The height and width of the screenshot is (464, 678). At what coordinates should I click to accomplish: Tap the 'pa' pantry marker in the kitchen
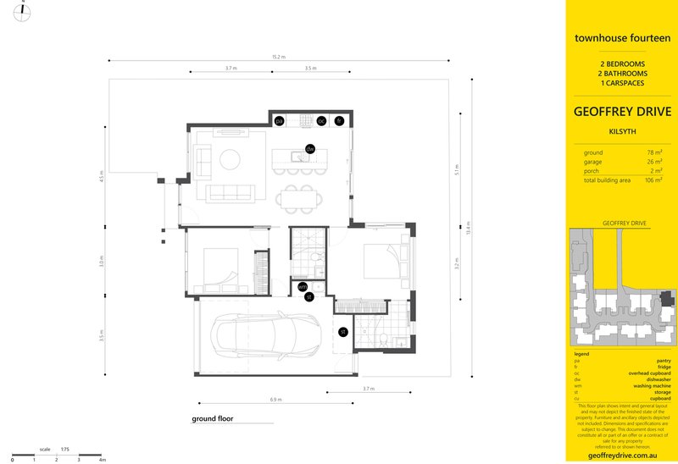click(279, 121)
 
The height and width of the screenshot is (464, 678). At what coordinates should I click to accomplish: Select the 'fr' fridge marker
click(337, 121)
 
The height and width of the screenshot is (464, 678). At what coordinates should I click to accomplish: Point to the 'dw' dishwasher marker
click(310, 148)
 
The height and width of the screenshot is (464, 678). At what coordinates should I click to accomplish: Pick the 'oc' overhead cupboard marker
click(321, 121)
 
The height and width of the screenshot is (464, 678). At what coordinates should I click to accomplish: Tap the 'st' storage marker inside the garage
click(343, 333)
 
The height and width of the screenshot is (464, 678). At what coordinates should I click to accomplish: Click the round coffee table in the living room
click(231, 158)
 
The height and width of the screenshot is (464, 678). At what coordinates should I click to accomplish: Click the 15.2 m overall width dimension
click(278, 57)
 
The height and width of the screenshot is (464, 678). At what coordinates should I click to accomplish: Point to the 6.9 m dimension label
click(275, 398)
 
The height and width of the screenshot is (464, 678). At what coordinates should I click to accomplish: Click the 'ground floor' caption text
click(212, 418)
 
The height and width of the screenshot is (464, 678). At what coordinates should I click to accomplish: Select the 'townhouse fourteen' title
click(622, 37)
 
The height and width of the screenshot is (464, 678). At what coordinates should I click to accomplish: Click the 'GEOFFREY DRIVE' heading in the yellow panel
click(622, 112)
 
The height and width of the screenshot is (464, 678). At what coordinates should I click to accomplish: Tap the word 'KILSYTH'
click(622, 132)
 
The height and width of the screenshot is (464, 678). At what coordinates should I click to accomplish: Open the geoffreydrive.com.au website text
click(622, 455)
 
